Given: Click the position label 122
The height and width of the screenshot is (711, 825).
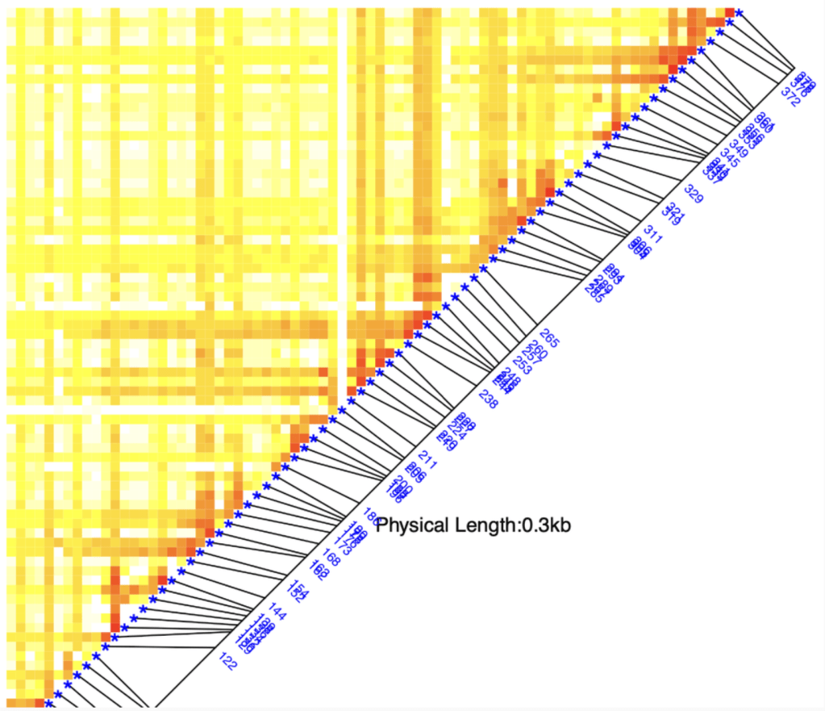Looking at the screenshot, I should (x=229, y=661).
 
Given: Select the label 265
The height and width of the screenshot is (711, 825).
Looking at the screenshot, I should (x=549, y=337).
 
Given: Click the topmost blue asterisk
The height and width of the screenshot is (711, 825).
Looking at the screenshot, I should (x=739, y=11).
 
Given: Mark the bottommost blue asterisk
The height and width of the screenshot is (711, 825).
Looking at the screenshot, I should (x=48, y=704).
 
